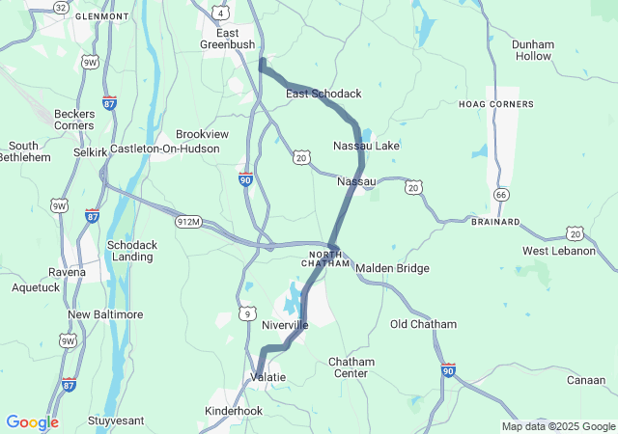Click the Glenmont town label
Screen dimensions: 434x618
(101, 16)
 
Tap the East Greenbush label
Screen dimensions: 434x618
(227, 38)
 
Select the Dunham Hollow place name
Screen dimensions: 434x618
(533, 50)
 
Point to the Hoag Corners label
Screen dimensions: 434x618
(496, 103)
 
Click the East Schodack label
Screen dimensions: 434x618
(323, 94)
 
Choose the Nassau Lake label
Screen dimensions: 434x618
(365, 146)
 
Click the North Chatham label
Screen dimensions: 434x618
(324, 258)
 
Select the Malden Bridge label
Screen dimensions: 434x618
(392, 268)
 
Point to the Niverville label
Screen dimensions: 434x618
(285, 325)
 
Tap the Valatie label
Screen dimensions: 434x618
(267, 376)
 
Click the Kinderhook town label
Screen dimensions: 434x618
(234, 411)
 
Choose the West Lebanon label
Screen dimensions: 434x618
(559, 251)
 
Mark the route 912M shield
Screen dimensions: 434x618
(188, 223)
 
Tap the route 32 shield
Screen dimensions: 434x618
(61, 7)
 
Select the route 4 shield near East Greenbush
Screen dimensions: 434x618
(221, 13)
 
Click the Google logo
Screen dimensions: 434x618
(32, 422)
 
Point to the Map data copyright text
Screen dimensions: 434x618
(556, 426)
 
